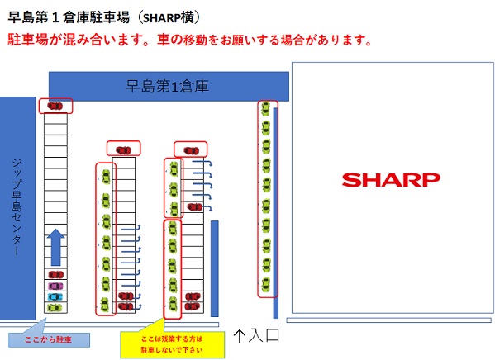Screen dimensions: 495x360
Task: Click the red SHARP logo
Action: pyautogui.click(x=391, y=180)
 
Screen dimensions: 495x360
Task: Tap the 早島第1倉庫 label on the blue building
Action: pyautogui.click(x=167, y=86)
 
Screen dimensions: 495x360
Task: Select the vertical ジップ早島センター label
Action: pyautogui.click(x=17, y=207)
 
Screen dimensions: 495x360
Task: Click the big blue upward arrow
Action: pyautogui.click(x=56, y=247)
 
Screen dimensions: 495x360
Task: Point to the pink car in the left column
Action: pyautogui.click(x=55, y=287)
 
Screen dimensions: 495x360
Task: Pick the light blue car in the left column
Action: pyautogui.click(x=55, y=297)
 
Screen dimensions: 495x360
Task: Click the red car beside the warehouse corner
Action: pyautogui.click(x=55, y=106)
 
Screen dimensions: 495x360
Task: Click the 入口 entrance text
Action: pyautogui.click(x=264, y=335)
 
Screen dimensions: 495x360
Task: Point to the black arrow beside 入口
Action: pyautogui.click(x=240, y=336)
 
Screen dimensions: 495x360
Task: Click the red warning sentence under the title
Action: pyautogui.click(x=189, y=40)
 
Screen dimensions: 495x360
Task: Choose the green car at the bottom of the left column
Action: pyautogui.click(x=55, y=307)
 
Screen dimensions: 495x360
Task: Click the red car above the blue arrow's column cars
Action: pyautogui.click(x=56, y=275)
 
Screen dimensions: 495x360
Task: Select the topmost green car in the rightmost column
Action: pyautogui.click(x=266, y=108)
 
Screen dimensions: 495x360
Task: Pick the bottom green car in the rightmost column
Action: pyautogui.click(x=266, y=285)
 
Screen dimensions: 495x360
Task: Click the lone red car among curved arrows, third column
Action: pyautogui.click(x=195, y=207)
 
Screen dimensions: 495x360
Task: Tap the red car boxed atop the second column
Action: pyautogui.click(x=123, y=150)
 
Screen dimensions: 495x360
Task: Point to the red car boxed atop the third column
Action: pyautogui.click(x=192, y=151)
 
